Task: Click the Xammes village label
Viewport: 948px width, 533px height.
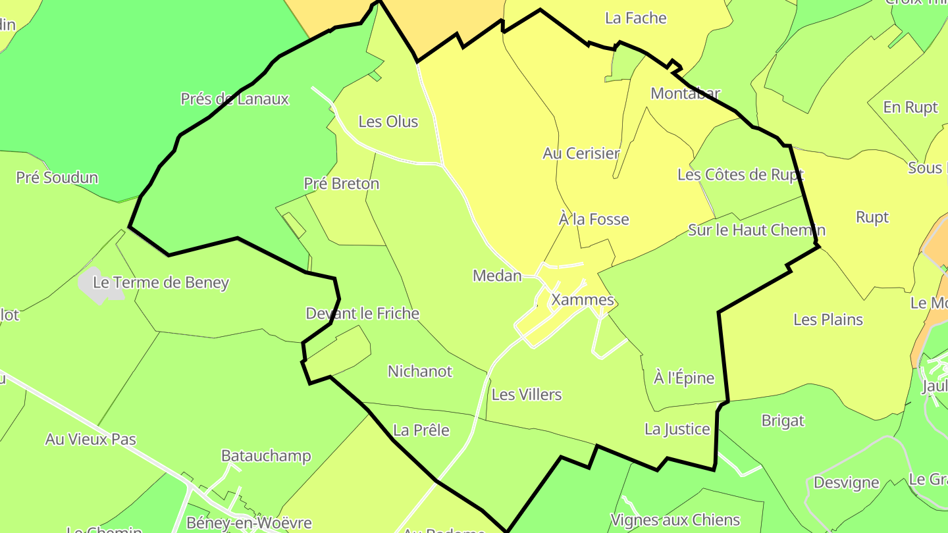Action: coord(583,300)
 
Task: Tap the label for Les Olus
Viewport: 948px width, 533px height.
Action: coord(388,122)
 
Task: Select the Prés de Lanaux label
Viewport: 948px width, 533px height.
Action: coord(234,99)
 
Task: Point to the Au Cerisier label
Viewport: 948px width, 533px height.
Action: coord(581,153)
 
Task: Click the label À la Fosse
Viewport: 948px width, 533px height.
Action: coord(594,219)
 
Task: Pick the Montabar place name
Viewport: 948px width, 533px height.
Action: coord(685,93)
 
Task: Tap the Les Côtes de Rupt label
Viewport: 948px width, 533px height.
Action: coord(741,175)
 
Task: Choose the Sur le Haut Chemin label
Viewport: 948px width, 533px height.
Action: coord(756,230)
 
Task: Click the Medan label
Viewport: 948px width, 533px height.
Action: coord(497,276)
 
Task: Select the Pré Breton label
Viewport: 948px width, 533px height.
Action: coord(342,184)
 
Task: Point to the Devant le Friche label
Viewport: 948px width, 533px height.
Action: coord(362,313)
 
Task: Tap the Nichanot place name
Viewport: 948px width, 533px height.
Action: coord(420,371)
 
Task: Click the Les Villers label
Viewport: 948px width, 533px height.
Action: coord(527,395)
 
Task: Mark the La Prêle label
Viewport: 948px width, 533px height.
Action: coord(421,430)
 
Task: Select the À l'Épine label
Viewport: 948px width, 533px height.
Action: coord(684,378)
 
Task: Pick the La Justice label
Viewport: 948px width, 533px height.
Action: coord(677,430)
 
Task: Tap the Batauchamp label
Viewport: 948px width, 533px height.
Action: coord(266,456)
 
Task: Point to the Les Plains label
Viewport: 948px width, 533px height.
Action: coord(828,320)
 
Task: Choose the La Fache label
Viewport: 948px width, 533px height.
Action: coord(635,18)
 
